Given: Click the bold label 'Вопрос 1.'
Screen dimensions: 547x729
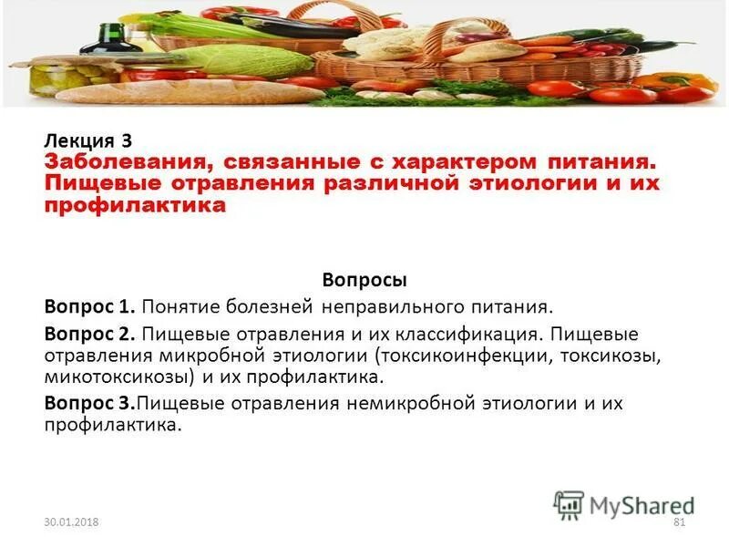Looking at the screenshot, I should point(89,308).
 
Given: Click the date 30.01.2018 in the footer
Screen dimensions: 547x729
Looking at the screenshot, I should point(70,521).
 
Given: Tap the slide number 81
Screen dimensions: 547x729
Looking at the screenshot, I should point(677,521).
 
